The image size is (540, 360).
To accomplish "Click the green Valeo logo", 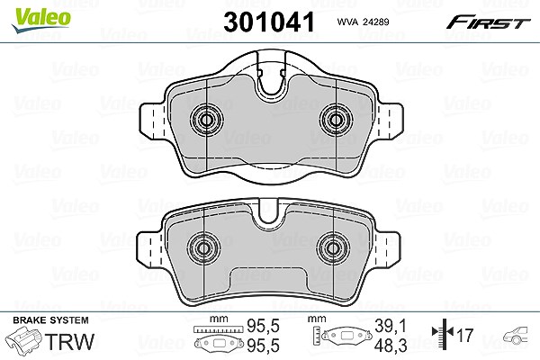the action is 41,20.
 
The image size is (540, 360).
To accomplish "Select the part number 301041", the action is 269,22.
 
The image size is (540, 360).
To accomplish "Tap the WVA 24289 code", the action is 363,22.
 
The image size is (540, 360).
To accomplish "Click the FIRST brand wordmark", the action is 489,22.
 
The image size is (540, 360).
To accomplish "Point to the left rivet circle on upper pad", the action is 207,120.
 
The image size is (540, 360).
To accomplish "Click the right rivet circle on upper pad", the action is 336,120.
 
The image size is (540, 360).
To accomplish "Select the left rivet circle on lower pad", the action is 204,248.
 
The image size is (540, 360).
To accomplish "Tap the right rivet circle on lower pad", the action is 333,248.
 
